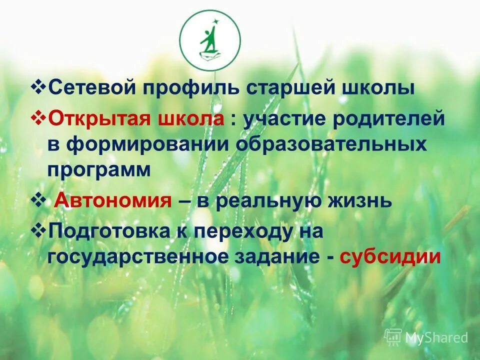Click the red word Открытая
[x=100, y=119]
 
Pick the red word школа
[x=191, y=119]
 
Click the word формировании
[x=150, y=144]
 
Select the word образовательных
[x=332, y=144]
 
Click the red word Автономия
[x=112, y=200]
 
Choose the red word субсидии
[x=390, y=257]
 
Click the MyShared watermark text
[x=436, y=337]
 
